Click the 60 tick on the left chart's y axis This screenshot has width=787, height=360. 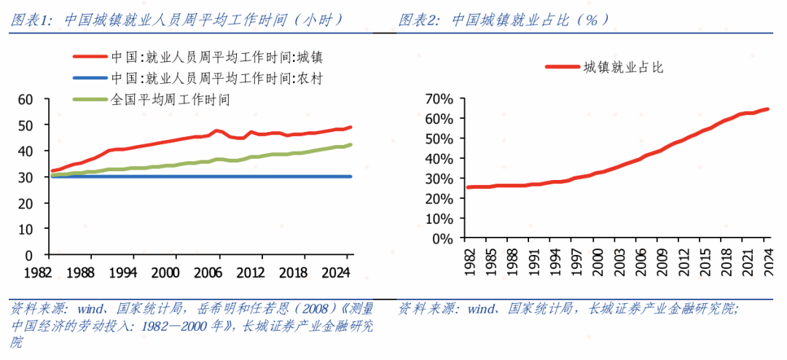(x=25, y=99)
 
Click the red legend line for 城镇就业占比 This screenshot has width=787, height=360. (x=561, y=67)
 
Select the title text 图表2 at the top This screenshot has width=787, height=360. (x=419, y=20)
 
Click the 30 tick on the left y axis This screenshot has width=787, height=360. (x=25, y=177)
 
